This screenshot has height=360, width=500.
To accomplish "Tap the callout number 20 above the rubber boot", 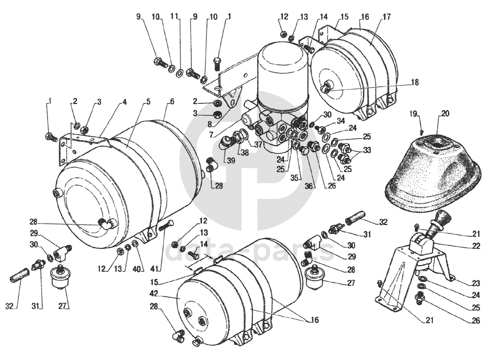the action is click(x=445, y=114).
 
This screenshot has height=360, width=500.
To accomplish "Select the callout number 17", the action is click(x=386, y=17).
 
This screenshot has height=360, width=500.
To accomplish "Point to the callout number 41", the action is click(x=155, y=269).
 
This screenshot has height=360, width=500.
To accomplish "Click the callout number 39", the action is click(x=231, y=160).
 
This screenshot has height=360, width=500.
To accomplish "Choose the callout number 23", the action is click(x=476, y=283).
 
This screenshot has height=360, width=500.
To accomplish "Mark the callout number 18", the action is click(x=415, y=83).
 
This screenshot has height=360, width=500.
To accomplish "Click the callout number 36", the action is click(x=308, y=186).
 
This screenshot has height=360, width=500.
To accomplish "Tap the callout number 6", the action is click(x=172, y=102).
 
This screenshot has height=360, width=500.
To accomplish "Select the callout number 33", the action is click(x=367, y=149).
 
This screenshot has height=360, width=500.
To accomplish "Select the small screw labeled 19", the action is click(x=422, y=131).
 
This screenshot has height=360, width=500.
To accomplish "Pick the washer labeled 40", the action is click(x=135, y=244).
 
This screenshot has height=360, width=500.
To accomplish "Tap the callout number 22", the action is click(x=476, y=246).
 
